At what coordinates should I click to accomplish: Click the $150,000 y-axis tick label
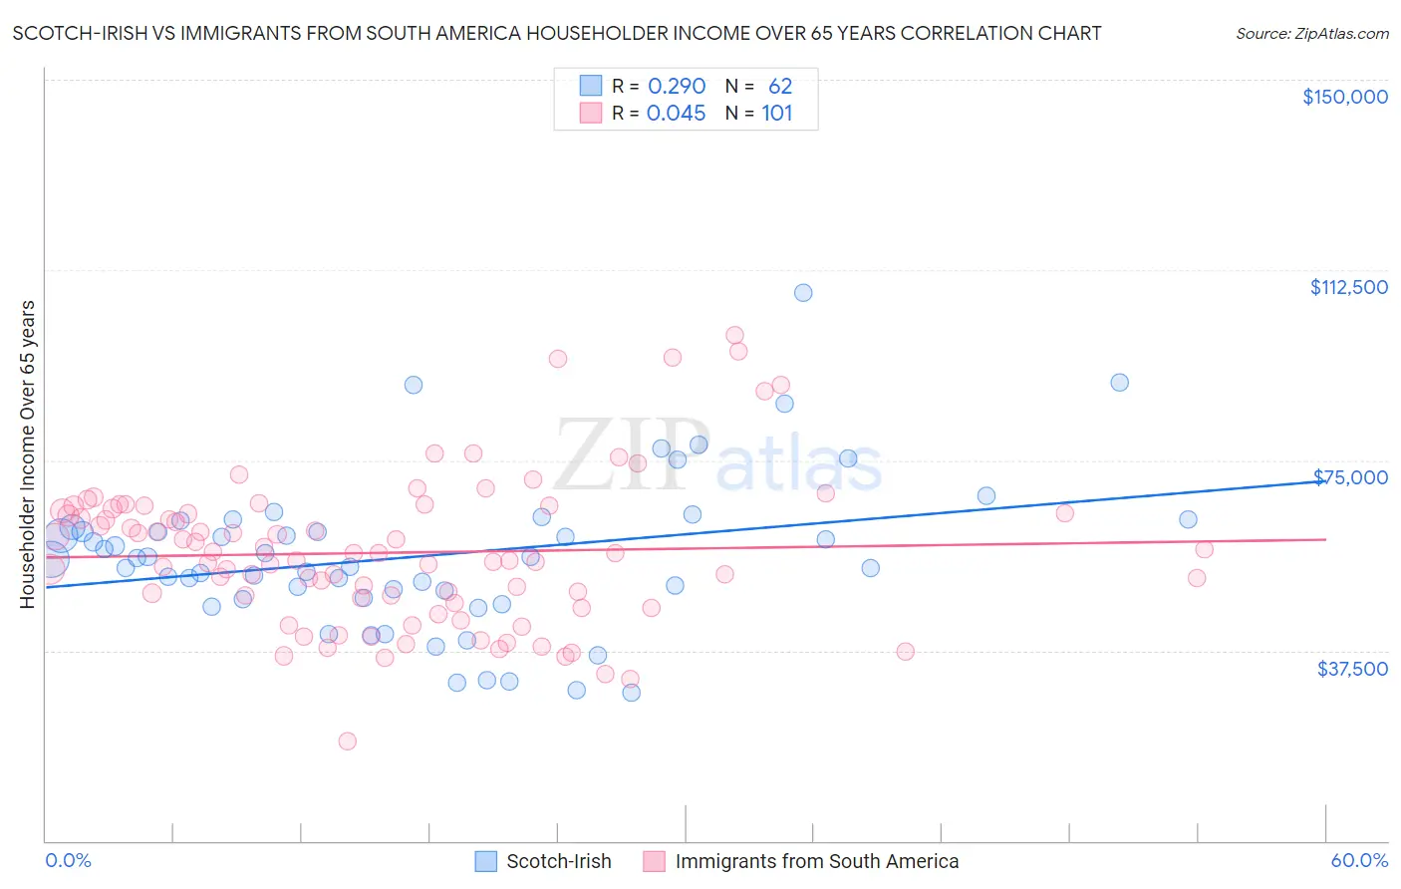[1344, 97]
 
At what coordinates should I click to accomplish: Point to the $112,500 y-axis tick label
[1348, 287]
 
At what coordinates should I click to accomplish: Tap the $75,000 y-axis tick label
[1351, 477]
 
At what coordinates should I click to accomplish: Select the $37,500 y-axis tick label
[1352, 669]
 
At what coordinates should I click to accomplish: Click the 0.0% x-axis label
[68, 860]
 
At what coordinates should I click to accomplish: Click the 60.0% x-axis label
[1359, 860]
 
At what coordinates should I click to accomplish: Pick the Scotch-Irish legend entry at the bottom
[543, 861]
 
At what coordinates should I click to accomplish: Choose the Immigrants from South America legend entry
[801, 861]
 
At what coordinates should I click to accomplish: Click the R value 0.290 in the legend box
[677, 87]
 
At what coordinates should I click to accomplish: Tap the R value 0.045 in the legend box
[676, 114]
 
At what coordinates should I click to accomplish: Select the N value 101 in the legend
[777, 114]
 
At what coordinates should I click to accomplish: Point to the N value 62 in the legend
[779, 87]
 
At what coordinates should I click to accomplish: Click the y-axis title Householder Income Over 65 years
[28, 453]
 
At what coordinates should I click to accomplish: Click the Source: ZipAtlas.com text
[1311, 33]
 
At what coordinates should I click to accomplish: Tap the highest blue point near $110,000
[803, 293]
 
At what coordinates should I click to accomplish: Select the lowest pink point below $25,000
[347, 741]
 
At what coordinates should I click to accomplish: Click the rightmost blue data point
[1188, 519]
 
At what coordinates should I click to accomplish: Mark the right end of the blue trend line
[1325, 481]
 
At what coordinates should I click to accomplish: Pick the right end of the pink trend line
[1325, 539]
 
